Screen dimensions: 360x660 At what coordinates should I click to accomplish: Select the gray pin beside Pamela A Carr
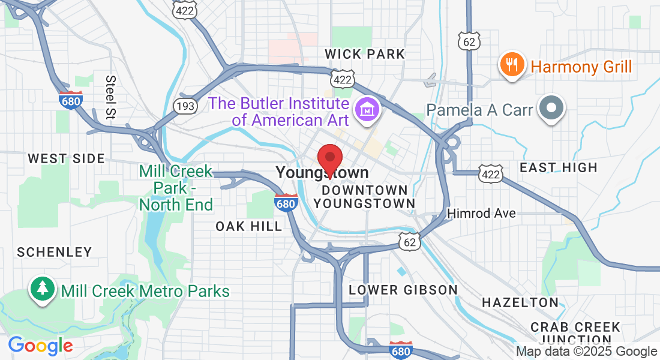click(x=551, y=109)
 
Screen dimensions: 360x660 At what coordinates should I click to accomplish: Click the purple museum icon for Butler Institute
click(x=365, y=110)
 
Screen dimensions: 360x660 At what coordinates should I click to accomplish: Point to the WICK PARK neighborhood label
click(x=365, y=54)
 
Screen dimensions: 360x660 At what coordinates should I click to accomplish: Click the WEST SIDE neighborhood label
click(x=66, y=159)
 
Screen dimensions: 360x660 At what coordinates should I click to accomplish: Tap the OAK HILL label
click(x=249, y=226)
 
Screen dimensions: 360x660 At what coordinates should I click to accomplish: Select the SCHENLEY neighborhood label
click(x=55, y=252)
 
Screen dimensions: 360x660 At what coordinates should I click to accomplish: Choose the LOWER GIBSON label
click(x=403, y=290)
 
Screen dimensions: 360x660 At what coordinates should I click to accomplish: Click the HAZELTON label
click(x=520, y=302)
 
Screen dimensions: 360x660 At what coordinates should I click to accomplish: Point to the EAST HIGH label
click(x=559, y=167)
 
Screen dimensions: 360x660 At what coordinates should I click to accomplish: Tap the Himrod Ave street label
click(x=482, y=214)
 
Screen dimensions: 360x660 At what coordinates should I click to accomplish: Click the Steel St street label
click(x=111, y=96)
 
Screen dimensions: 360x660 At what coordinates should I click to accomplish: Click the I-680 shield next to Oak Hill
click(x=287, y=203)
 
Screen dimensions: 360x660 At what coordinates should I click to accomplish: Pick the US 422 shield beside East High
click(x=489, y=173)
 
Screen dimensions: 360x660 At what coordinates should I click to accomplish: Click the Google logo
click(x=40, y=346)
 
